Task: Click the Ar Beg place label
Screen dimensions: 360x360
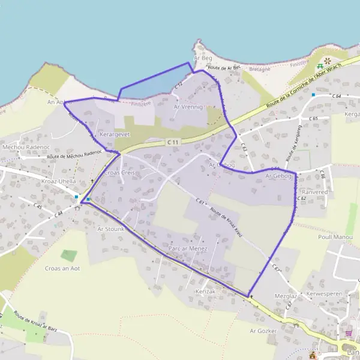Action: click(x=203, y=58)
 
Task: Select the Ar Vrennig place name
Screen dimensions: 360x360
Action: click(x=188, y=106)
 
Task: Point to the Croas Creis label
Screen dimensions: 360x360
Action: click(x=120, y=172)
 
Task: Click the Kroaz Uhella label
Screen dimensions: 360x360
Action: click(x=59, y=181)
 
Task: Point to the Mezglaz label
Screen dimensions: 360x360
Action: click(x=286, y=296)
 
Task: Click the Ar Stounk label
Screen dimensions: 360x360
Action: click(x=110, y=229)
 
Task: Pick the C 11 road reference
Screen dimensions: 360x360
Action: click(x=173, y=142)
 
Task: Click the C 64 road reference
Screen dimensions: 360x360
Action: click(x=335, y=96)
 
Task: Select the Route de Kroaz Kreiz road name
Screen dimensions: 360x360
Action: click(x=226, y=220)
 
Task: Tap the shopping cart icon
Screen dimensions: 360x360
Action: click(x=348, y=334)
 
